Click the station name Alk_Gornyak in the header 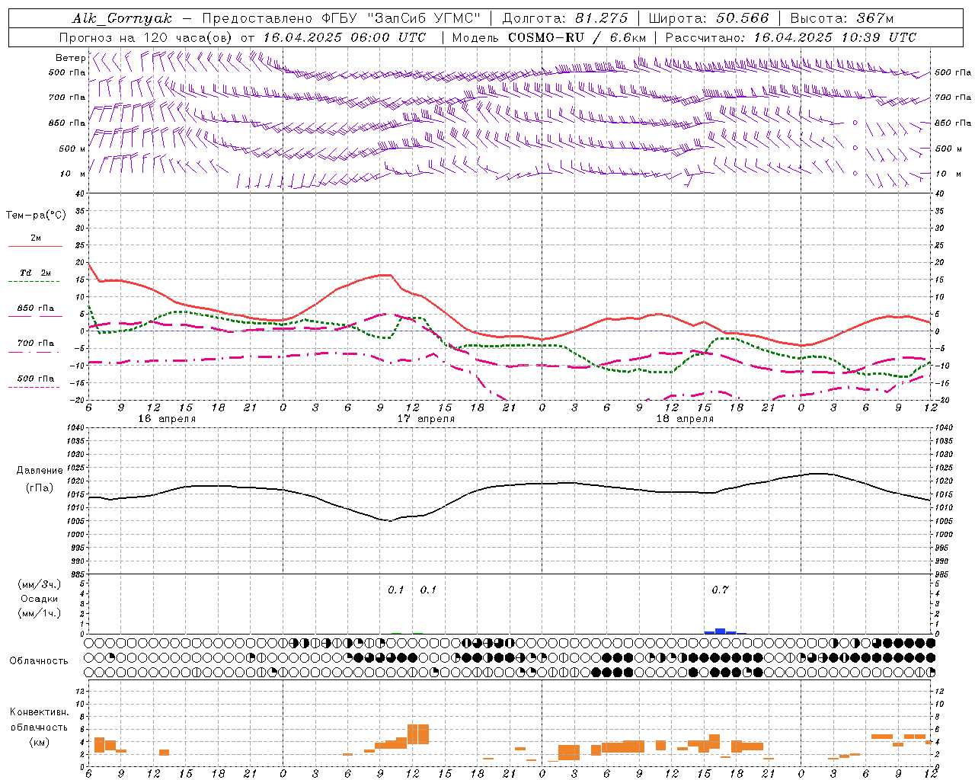[122, 18]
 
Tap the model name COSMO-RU [547, 37]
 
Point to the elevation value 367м [874, 18]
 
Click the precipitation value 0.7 [720, 590]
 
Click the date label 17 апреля [426, 418]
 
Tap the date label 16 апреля [167, 418]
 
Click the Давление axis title [40, 471]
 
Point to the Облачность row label [39, 660]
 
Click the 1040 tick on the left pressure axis [75, 427]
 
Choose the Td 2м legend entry [35, 273]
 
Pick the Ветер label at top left [70, 58]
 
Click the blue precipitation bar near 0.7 [720, 631]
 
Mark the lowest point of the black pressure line [389, 521]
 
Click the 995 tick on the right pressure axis [942, 548]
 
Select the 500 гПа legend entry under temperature [35, 379]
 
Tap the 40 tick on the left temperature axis [79, 193]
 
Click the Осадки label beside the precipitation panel [39, 599]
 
